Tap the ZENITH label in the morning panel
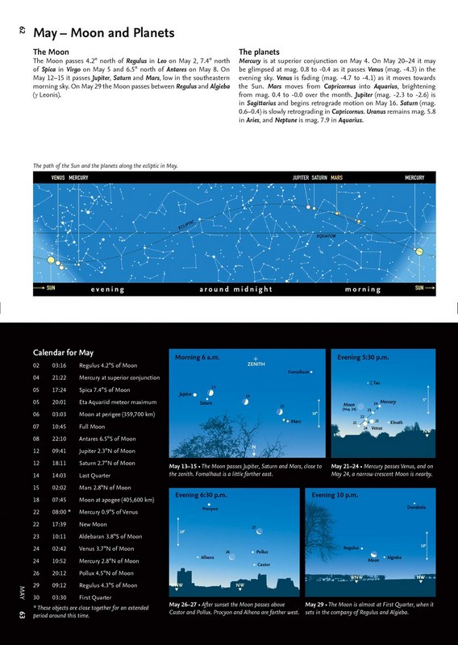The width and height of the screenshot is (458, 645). click(256, 364)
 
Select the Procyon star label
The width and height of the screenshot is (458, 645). click(211, 510)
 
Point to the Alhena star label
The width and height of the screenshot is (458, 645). click(208, 557)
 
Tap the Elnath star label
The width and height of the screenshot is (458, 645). click(397, 422)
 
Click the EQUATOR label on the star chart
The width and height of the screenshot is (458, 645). click(326, 236)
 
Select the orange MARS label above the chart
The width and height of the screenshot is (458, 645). click(336, 177)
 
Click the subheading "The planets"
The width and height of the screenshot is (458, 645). click(260, 51)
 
